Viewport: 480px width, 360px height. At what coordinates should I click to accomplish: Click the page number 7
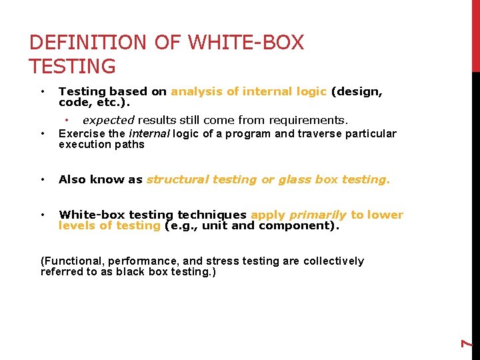(468, 343)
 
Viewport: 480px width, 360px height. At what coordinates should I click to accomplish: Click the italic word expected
(109, 120)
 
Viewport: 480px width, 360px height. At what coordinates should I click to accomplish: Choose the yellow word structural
(179, 179)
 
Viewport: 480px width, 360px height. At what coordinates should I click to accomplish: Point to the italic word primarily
(317, 215)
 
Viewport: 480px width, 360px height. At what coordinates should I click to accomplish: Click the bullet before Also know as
(42, 179)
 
